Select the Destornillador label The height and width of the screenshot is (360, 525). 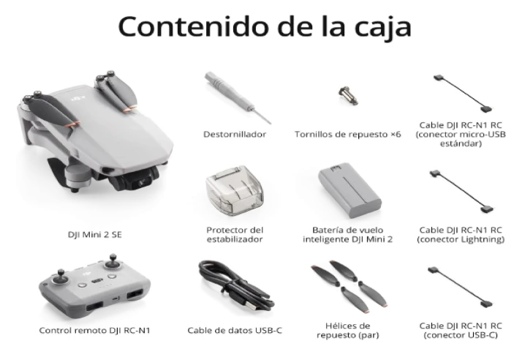coord(235,135)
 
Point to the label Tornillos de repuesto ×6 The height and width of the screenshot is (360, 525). coord(347,135)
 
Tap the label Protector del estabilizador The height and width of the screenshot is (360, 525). coord(235,234)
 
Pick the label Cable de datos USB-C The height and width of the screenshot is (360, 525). coord(235,331)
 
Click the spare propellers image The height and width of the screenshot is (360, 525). coord(347,284)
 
